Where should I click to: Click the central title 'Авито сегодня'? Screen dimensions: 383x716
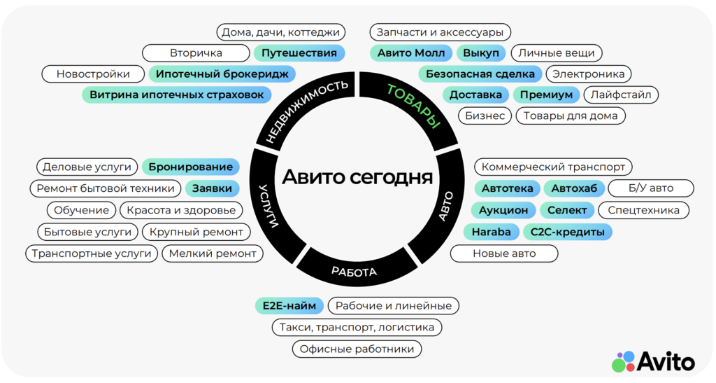(x=357, y=176)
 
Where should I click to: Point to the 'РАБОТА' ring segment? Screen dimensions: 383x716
(x=354, y=271)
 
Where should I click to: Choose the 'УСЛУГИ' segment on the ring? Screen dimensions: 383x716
(x=269, y=207)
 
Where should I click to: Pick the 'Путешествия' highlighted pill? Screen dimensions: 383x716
(x=299, y=53)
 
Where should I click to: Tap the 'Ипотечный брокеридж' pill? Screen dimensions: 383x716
(x=222, y=74)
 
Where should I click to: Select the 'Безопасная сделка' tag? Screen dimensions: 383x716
(x=480, y=74)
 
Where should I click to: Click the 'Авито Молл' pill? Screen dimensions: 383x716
(x=411, y=53)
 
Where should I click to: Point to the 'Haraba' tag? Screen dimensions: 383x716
(x=491, y=232)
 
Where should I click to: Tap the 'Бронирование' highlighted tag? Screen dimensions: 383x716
(x=191, y=167)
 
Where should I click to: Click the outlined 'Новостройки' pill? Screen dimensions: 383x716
(x=93, y=74)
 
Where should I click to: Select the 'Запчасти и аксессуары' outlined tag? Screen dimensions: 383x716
(x=440, y=32)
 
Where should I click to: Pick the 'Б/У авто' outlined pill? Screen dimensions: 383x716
(x=650, y=188)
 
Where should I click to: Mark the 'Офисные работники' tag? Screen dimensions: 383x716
(x=357, y=349)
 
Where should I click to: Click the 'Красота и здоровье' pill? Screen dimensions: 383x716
(x=180, y=210)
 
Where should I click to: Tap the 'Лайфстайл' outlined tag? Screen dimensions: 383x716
(x=622, y=95)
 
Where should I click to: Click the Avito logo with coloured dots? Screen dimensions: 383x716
(x=653, y=361)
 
